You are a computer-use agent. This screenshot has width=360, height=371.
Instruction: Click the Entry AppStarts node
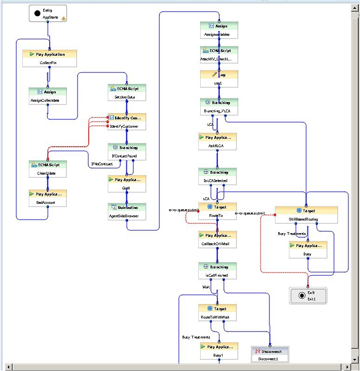[x=48, y=13]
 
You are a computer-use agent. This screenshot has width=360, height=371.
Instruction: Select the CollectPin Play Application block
[x=50, y=59]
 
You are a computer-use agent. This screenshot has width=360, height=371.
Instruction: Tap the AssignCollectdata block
[x=48, y=96]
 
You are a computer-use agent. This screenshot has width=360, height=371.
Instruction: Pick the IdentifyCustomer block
[x=127, y=122]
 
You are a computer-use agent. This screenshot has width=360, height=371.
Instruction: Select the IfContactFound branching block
[x=127, y=151]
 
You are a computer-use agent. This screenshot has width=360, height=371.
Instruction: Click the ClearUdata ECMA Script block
[x=48, y=169]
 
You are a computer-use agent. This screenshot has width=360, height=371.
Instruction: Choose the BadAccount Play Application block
[x=48, y=198]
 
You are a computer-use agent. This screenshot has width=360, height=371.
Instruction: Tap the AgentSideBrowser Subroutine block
[x=127, y=211]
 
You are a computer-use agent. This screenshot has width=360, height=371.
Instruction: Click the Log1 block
[x=219, y=79]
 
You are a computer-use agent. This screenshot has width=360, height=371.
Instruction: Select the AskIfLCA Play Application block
[x=217, y=142]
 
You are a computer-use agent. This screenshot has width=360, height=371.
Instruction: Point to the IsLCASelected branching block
[x=217, y=176]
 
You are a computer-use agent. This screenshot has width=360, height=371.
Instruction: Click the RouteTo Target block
[x=217, y=211]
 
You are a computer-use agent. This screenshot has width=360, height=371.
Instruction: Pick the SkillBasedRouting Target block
[x=306, y=215]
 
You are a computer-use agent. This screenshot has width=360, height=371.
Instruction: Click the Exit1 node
[x=308, y=295]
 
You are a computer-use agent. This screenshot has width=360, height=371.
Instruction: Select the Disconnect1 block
[x=270, y=354]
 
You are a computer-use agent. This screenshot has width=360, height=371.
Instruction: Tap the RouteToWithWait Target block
[x=217, y=312]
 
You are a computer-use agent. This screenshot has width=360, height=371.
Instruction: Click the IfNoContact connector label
[x=102, y=164]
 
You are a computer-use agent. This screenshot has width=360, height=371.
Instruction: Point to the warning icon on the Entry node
[x=64, y=19]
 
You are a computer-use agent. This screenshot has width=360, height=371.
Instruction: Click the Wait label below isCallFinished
[x=206, y=287]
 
